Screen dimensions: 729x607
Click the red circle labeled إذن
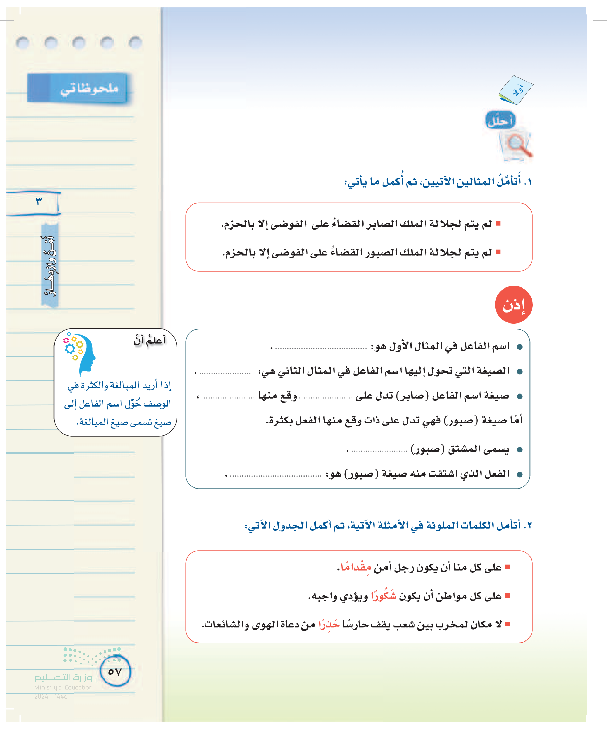pyautogui.click(x=513, y=305)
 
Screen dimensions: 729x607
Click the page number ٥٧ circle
pyautogui.click(x=115, y=671)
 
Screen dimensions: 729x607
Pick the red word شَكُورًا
pyautogui.click(x=383, y=595)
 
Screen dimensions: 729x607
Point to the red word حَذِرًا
pyautogui.click(x=329, y=624)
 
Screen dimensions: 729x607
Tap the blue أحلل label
pyautogui.click(x=500, y=120)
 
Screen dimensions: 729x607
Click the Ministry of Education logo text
pyautogui.click(x=63, y=682)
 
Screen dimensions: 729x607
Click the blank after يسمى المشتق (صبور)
pyautogui.click(x=379, y=450)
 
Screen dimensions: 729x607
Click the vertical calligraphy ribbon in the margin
pyautogui.click(x=50, y=266)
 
